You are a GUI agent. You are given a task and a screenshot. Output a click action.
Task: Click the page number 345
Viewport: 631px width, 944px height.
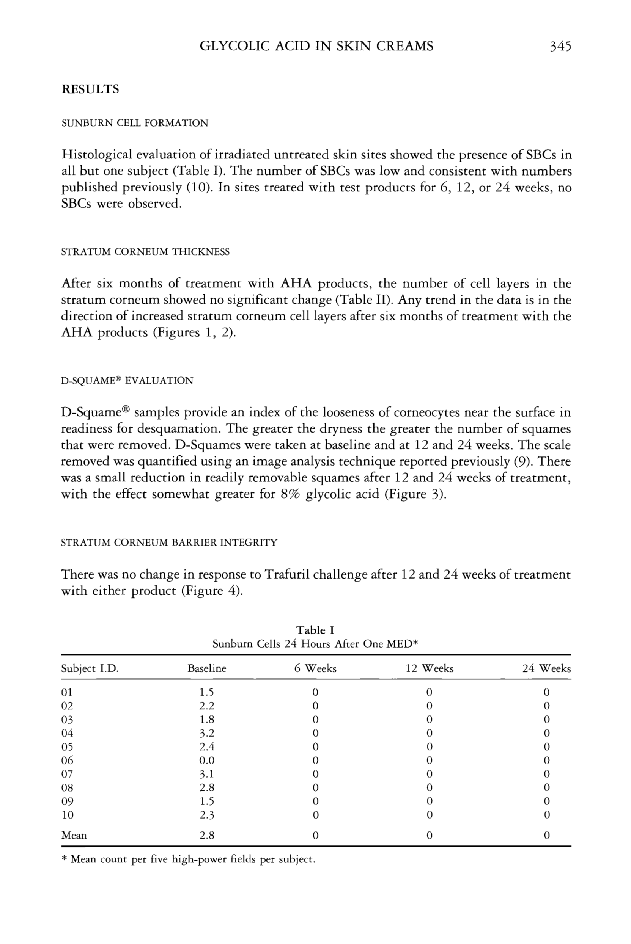pyautogui.click(x=560, y=47)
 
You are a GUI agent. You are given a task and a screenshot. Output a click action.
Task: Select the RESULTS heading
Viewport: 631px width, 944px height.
pyautogui.click(x=90, y=89)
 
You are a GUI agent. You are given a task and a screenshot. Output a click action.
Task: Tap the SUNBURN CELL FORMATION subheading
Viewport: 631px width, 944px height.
pyautogui.click(x=134, y=123)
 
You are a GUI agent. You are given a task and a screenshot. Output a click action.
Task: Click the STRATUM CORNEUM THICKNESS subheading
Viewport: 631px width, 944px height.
pyautogui.click(x=145, y=252)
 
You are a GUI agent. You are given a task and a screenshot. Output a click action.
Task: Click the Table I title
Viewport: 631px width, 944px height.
pyautogui.click(x=315, y=630)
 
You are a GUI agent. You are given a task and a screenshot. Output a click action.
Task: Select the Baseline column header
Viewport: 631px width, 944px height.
pyautogui.click(x=207, y=668)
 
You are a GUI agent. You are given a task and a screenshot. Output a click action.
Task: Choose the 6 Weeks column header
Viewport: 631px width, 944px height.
pyautogui.click(x=315, y=668)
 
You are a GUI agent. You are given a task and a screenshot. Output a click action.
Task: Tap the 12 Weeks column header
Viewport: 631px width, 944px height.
pyautogui.click(x=429, y=668)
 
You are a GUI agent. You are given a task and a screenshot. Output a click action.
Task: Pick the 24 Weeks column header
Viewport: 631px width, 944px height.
pyautogui.click(x=546, y=668)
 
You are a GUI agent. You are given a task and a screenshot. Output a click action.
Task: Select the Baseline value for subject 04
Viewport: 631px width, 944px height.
pyautogui.click(x=207, y=733)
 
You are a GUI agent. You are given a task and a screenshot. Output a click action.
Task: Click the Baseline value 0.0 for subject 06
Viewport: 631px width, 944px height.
pyautogui.click(x=207, y=760)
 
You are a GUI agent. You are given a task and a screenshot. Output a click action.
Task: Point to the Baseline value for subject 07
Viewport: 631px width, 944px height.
pyautogui.click(x=207, y=774)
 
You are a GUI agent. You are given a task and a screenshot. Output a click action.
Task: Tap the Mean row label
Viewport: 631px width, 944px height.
pyautogui.click(x=74, y=835)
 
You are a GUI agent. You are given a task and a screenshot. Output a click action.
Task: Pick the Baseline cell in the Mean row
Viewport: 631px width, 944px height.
pyautogui.click(x=207, y=835)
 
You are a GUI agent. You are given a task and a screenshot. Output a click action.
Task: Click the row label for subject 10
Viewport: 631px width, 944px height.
pyautogui.click(x=67, y=815)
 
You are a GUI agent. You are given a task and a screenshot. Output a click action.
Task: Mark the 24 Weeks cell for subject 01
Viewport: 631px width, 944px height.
pyautogui.click(x=546, y=692)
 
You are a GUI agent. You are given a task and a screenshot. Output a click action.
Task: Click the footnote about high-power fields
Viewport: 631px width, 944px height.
pyautogui.click(x=188, y=859)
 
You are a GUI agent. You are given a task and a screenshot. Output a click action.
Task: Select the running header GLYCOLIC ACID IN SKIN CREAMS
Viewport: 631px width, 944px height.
pyautogui.click(x=316, y=47)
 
